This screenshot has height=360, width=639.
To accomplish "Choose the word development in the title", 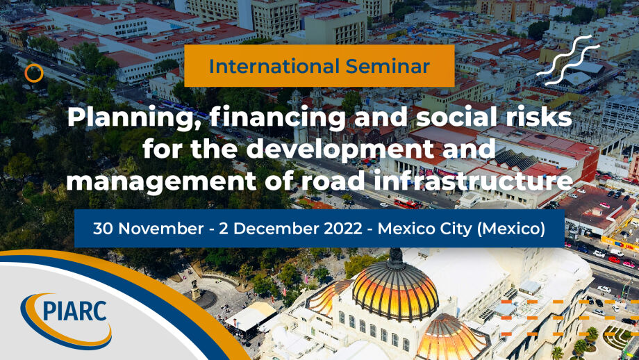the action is point(339,150).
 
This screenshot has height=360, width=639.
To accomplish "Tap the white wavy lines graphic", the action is point(568,60).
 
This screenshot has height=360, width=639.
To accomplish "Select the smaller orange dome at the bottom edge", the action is point(451,339).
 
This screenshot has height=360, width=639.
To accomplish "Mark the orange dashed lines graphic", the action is point(570,318).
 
